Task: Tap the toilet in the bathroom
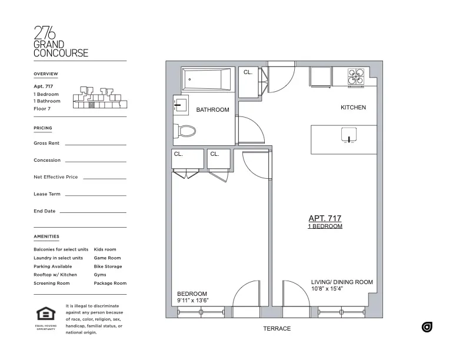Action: [186, 131]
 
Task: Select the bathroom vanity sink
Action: [180, 106]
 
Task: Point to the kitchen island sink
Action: [349, 135]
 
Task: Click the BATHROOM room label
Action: [212, 110]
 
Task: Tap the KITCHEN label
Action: [353, 108]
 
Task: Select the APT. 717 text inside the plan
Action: [325, 218]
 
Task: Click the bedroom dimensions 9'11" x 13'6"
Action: [193, 301]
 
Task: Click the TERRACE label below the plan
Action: [277, 329]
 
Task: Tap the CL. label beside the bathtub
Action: [248, 72]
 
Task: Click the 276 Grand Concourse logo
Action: [61, 42]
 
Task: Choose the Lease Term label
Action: [47, 194]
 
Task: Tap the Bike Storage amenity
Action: [108, 266]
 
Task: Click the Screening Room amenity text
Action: [52, 284]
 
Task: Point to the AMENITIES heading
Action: [46, 236]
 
